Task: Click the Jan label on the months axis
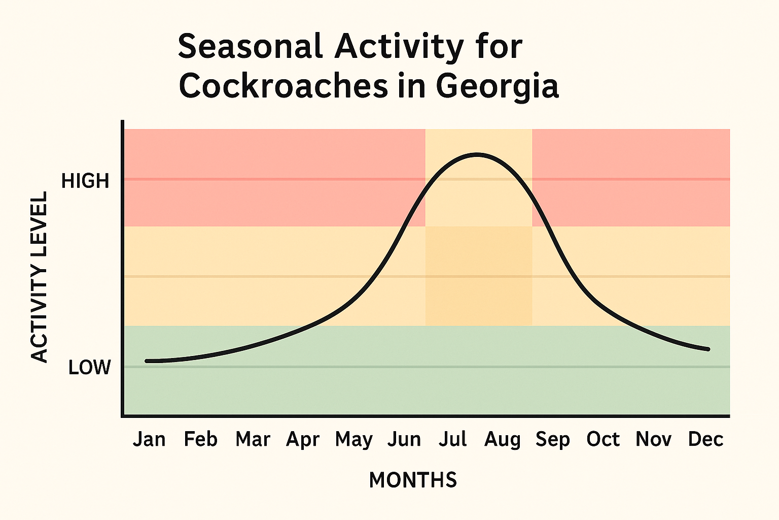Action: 149,439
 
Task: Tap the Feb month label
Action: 200,439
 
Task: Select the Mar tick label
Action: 253,439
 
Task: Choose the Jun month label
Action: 404,439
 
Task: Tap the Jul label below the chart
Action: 452,439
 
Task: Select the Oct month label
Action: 603,439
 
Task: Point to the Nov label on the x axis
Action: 653,439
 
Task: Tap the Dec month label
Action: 705,439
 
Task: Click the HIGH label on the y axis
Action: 85,181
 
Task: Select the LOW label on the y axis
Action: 89,368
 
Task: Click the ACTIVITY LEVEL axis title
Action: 39,277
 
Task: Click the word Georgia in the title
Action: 497,87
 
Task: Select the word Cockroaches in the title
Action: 283,86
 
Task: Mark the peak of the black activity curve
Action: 476,154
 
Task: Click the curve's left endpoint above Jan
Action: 147,361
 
